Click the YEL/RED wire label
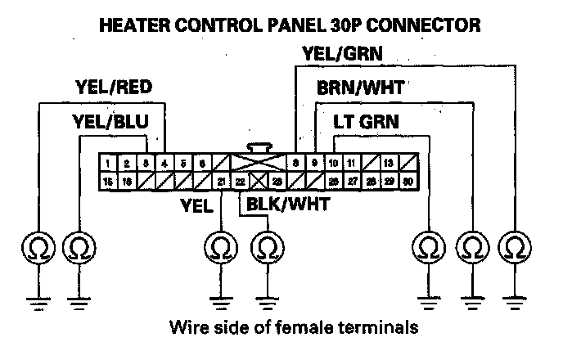(113, 88)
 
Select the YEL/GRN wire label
(343, 55)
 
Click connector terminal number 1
(108, 164)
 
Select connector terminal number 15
(108, 182)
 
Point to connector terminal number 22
(240, 182)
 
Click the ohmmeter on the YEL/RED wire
(37, 245)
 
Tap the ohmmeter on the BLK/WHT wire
(264, 245)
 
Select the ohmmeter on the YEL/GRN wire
(515, 245)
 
